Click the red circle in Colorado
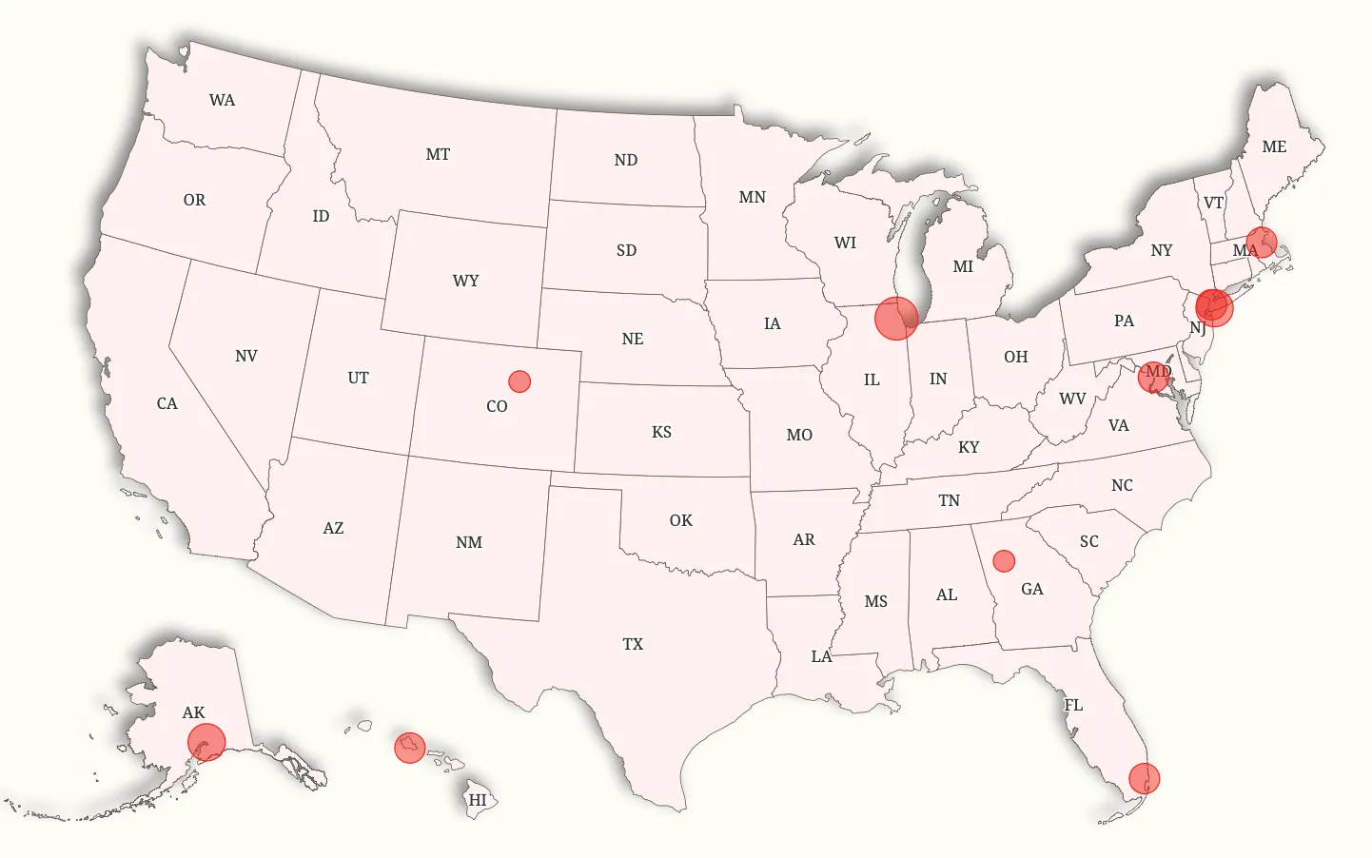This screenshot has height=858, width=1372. click(x=519, y=381)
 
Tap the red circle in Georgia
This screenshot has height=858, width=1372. click(x=1004, y=560)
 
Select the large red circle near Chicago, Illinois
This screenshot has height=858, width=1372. click(x=895, y=318)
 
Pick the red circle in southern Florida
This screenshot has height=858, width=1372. click(x=1145, y=779)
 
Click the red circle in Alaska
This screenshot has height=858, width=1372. click(x=206, y=742)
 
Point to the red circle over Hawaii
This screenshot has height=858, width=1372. click(x=410, y=748)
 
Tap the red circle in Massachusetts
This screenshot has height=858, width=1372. click(x=1262, y=243)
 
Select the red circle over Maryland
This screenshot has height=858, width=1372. click(x=1154, y=377)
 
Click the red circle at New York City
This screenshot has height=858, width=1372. click(x=1214, y=308)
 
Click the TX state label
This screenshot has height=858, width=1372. click(x=633, y=644)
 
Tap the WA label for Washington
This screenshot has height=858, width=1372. click(x=222, y=100)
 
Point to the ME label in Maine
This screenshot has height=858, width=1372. click(x=1274, y=146)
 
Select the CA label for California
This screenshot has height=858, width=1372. click(x=167, y=403)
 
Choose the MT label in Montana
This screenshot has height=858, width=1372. click(x=438, y=154)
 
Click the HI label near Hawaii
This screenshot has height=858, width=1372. click(x=478, y=800)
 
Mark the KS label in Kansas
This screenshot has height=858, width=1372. click(x=662, y=432)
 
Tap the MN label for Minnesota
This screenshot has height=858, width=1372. click(x=753, y=197)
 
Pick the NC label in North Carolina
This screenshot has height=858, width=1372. click(x=1123, y=485)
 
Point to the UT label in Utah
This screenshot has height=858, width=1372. click(x=358, y=378)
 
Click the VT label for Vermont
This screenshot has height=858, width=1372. click(x=1213, y=203)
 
